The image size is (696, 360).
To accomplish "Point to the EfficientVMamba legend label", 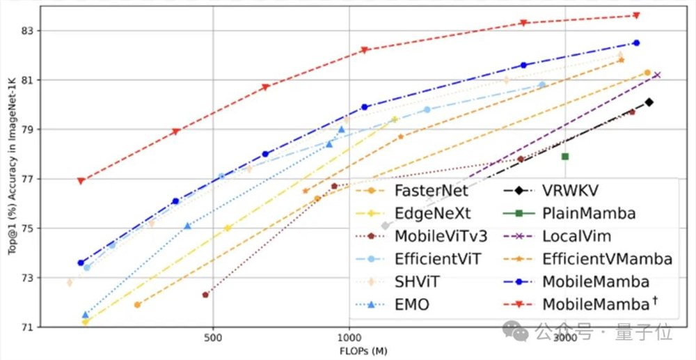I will point(607,259).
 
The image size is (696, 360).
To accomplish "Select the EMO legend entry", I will point(411,304).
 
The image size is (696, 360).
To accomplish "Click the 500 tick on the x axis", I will point(213,336).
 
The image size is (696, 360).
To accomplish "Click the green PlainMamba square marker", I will point(565,157).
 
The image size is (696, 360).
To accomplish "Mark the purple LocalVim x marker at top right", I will point(656,75).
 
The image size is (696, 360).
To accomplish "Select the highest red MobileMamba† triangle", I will point(636,15).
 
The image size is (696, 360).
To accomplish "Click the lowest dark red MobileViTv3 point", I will point(205,295).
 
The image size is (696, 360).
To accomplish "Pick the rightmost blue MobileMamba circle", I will point(636,43).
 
